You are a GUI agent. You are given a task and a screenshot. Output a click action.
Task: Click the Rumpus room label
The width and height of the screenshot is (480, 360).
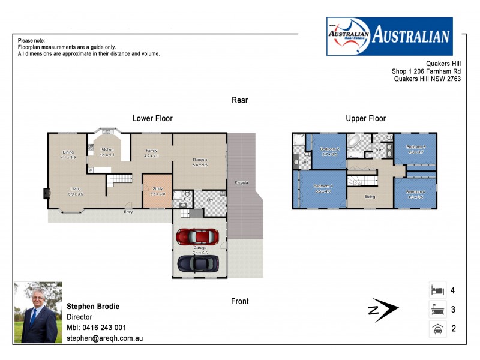[200, 160]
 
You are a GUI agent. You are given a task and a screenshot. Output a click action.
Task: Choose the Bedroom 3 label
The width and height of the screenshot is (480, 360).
[415, 146]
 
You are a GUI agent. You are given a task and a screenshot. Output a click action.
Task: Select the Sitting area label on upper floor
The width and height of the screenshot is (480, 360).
[371, 196]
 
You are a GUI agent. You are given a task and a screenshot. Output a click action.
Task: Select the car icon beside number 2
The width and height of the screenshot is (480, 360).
[437, 329]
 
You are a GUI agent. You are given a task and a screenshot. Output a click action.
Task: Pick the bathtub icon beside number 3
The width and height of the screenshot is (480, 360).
[437, 310]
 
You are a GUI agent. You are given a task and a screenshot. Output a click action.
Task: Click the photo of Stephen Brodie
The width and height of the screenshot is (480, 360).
[37, 313]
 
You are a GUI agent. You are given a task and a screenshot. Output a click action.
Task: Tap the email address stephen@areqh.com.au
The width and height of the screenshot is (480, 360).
[104, 338]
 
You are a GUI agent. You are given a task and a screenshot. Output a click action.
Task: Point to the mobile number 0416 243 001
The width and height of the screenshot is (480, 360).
[106, 328]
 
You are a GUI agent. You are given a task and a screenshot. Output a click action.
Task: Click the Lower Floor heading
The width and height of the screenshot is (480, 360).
[152, 119]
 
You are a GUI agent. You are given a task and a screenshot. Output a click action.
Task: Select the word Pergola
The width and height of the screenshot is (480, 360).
[241, 182]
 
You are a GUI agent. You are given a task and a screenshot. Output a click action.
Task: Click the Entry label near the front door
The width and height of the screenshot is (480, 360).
[128, 212]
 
